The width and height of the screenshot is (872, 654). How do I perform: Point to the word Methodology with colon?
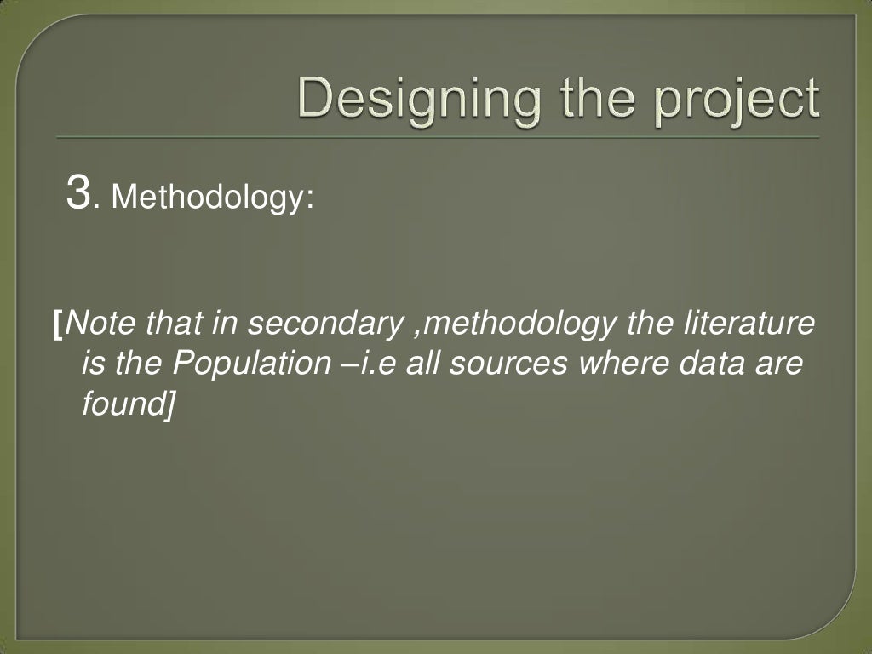tap(213, 198)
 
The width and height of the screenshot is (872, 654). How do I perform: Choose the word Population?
tap(244, 364)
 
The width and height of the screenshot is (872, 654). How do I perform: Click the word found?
tap(121, 404)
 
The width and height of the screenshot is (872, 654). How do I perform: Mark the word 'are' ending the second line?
tap(777, 365)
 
